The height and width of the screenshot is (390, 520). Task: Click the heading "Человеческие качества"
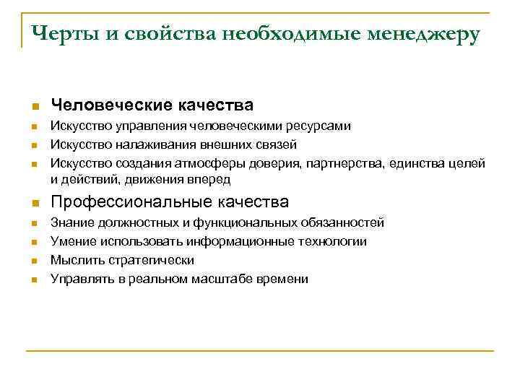tap(152, 105)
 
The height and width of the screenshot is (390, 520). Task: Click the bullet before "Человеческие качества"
tap(33, 107)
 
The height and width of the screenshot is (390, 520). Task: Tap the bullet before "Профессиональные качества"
tap(33, 203)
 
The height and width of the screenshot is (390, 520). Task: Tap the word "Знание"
tap(70, 223)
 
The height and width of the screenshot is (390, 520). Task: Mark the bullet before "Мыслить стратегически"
tap(33, 261)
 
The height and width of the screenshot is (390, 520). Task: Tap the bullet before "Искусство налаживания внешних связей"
tap(33, 145)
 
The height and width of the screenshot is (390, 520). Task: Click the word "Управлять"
tap(79, 278)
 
